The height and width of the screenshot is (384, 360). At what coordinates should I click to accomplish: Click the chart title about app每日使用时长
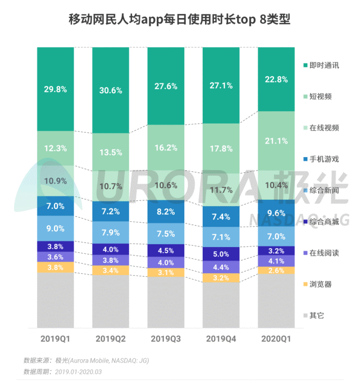[x=180, y=21]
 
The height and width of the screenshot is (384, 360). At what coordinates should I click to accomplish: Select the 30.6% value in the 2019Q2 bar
[x=111, y=90]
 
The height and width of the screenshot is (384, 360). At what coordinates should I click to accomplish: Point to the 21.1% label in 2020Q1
[x=276, y=140]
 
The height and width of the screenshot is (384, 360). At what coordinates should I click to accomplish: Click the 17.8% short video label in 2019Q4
[x=221, y=149]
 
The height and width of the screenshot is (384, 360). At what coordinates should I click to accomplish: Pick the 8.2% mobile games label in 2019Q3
[x=166, y=212]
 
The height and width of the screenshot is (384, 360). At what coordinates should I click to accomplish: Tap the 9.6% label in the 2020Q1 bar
[x=276, y=213]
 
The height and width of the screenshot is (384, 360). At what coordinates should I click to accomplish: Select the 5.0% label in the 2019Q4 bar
[x=221, y=253]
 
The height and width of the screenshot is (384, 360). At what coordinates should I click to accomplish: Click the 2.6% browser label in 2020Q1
[x=276, y=271]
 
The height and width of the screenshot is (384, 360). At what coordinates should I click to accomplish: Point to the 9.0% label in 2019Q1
[x=56, y=228]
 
